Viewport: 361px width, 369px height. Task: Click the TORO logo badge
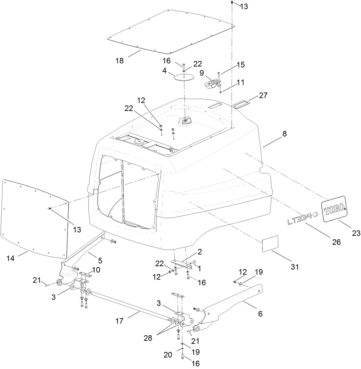pyautogui.click(x=334, y=208)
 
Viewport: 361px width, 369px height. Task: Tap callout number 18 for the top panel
pyautogui.click(x=119, y=61)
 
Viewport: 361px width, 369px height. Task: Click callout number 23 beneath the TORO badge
pyautogui.click(x=355, y=233)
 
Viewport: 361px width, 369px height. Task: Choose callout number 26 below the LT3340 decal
pyautogui.click(x=336, y=242)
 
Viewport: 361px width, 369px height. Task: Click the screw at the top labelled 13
pyautogui.click(x=232, y=3)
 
